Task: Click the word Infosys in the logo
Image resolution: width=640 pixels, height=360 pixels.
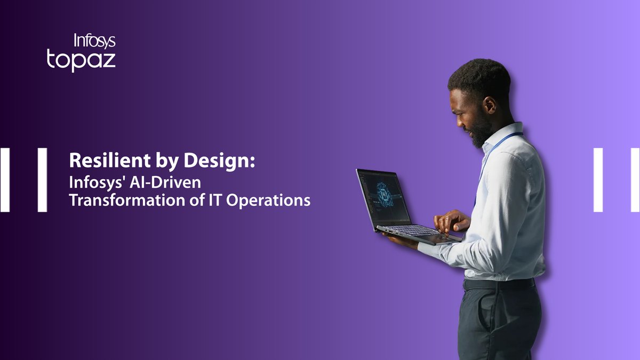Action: pyautogui.click(x=94, y=41)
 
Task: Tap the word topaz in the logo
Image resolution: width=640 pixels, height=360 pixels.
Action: pyautogui.click(x=81, y=60)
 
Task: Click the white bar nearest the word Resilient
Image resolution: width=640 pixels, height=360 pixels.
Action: pyautogui.click(x=42, y=180)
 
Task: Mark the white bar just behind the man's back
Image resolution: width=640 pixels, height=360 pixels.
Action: pyautogui.click(x=598, y=180)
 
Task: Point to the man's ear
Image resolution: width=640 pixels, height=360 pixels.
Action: pyautogui.click(x=489, y=103)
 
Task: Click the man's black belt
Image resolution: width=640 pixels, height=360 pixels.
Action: pyautogui.click(x=499, y=284)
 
